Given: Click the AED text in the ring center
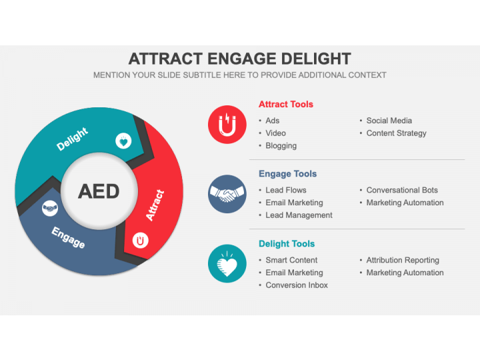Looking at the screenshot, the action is click(99, 191).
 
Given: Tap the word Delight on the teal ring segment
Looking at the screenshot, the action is click(72, 139).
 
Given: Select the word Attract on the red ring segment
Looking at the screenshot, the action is click(155, 205).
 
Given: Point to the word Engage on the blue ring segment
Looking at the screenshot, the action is click(68, 237).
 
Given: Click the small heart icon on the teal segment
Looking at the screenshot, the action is click(123, 141).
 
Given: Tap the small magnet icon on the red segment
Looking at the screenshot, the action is click(140, 241).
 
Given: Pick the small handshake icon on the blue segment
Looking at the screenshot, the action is click(50, 209).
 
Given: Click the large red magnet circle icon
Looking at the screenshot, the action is click(227, 125).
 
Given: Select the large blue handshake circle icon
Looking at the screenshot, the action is click(227, 194).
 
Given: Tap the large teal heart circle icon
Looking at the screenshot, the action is click(227, 263).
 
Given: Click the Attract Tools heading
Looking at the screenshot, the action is click(286, 104).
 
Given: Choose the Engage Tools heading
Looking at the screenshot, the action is click(288, 173).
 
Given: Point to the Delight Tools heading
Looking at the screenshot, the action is click(287, 244).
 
